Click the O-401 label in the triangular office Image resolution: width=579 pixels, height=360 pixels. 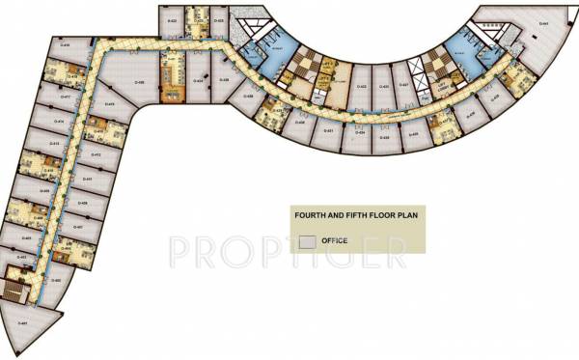point(21,323)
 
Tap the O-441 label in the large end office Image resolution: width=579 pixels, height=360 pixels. point(543,23)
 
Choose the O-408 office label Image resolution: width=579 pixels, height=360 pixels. point(83,203)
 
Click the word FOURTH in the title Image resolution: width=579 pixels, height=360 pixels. point(313,219)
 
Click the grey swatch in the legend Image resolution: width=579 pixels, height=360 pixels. point(308,239)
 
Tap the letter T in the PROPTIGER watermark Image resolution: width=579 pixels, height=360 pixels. point(294,253)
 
